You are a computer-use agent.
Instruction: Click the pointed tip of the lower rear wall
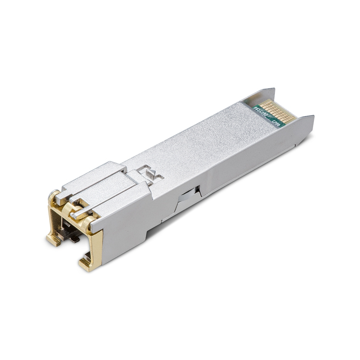(x=311, y=117)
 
